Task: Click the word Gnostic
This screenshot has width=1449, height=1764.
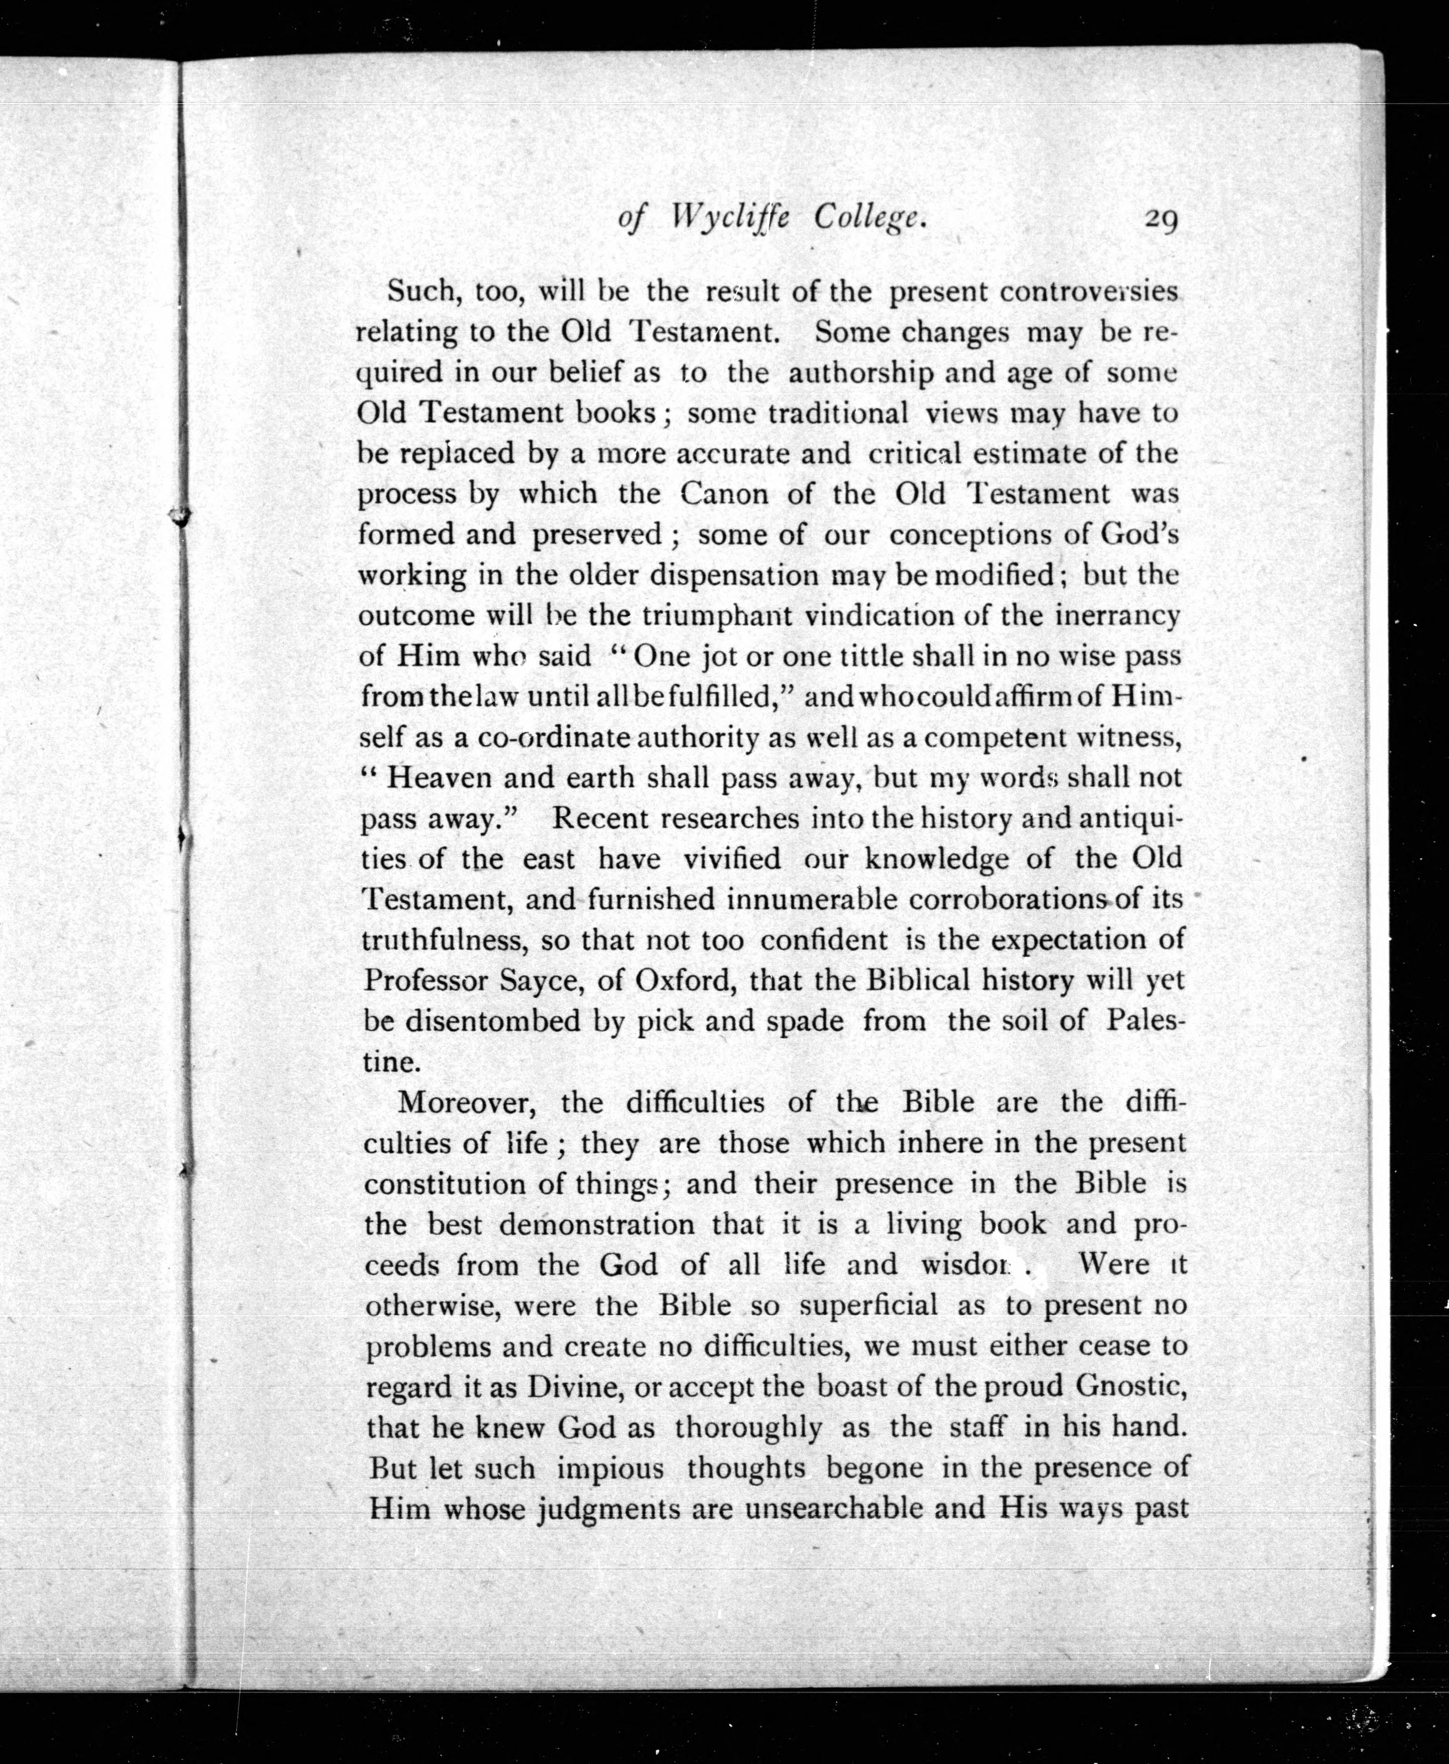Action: click(x=1131, y=1386)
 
